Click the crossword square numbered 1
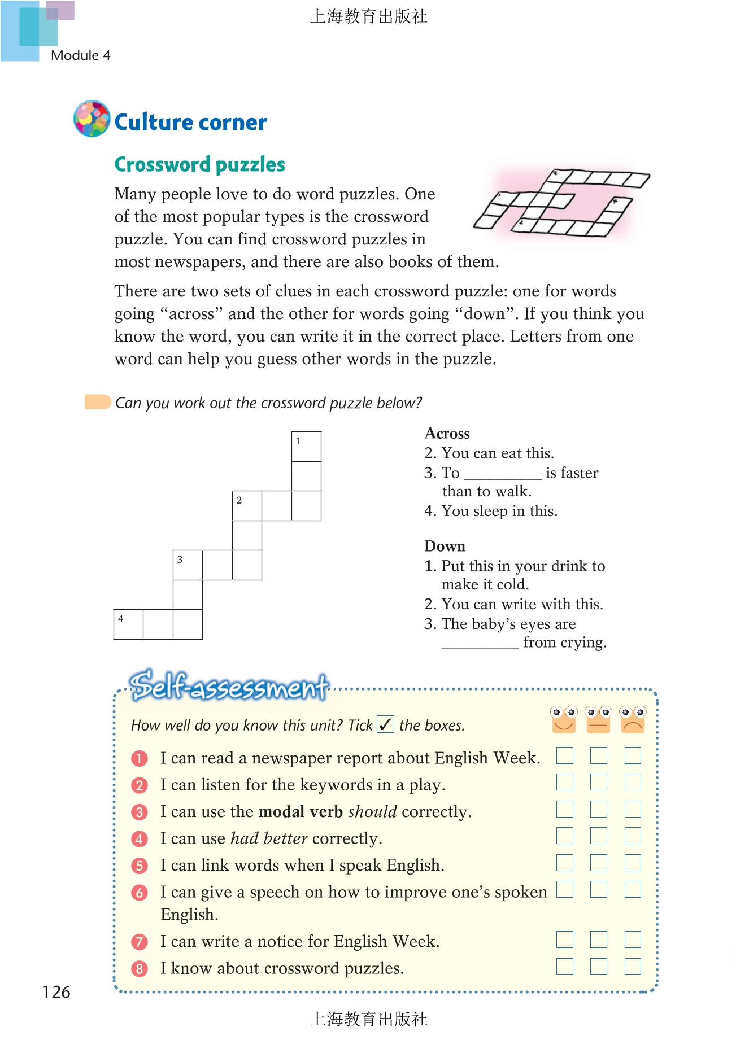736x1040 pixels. pos(306,447)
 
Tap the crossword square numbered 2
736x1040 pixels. pos(247,506)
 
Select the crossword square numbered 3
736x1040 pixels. pos(188,565)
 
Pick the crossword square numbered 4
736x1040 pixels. pos(128,624)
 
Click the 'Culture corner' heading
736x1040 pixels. pos(190,123)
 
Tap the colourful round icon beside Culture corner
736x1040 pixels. pos(92,119)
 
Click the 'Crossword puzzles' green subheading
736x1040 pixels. pos(199,164)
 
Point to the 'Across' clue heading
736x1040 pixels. pos(447,434)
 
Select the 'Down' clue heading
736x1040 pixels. pos(445,547)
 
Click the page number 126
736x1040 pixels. pos(56,992)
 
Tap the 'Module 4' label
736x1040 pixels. pos(80,55)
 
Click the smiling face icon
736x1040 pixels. pos(564,720)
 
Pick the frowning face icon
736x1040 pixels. pos(633,720)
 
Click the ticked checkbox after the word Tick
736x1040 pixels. pos(385,724)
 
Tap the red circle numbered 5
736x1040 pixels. pos(139,866)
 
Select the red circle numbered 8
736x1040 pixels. pos(139,969)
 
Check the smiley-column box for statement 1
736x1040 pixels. pos(564,756)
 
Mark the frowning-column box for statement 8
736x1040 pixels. pos(633,967)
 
